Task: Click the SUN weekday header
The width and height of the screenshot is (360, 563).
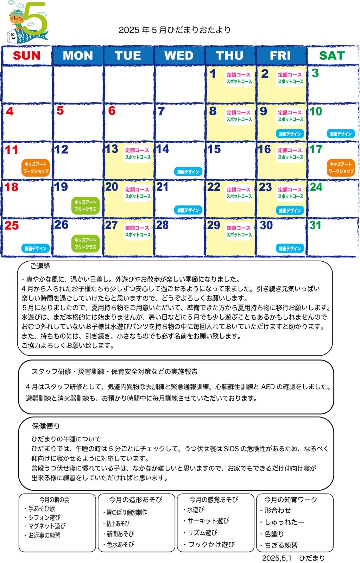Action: (x=27, y=56)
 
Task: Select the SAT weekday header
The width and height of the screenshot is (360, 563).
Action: (x=331, y=56)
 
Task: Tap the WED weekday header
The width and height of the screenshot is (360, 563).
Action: (x=179, y=56)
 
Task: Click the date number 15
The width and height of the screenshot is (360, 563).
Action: (x=214, y=149)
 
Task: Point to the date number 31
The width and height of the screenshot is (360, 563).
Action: (x=315, y=225)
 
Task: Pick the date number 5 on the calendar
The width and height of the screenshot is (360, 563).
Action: (x=60, y=111)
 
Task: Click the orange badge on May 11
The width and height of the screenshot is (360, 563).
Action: (x=36, y=168)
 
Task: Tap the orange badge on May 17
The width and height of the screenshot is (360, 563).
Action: (x=341, y=168)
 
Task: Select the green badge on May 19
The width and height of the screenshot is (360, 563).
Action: (x=86, y=206)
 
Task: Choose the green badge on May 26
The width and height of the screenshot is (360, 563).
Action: (x=86, y=244)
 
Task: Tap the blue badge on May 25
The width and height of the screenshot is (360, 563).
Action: (x=36, y=249)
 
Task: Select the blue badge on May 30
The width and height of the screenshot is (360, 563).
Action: (x=290, y=249)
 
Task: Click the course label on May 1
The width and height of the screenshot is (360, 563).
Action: (x=239, y=78)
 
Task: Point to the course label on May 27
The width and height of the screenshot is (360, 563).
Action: (x=138, y=231)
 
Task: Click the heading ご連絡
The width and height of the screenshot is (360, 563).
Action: (x=40, y=267)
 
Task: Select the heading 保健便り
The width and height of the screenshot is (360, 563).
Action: (x=46, y=426)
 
